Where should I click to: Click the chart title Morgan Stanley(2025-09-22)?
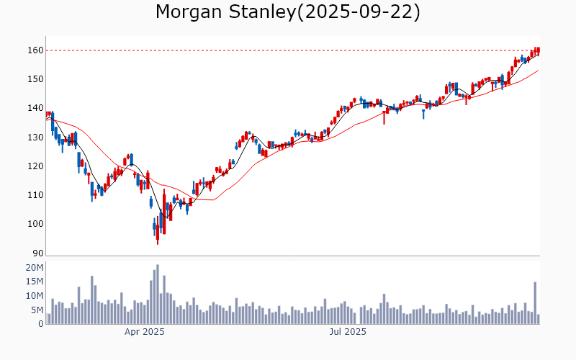288,12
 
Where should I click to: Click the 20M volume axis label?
34,268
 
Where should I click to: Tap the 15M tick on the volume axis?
34,282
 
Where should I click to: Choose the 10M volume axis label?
34,296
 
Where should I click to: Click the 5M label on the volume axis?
36,310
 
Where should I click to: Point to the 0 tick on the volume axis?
40,324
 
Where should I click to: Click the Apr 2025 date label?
145,332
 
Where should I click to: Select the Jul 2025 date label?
348,332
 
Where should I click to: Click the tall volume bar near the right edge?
535,302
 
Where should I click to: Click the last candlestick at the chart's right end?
538,50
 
